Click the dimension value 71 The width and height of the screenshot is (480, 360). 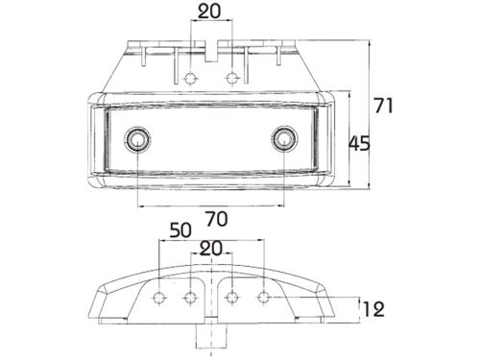(383, 106)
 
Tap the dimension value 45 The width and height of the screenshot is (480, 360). (359, 143)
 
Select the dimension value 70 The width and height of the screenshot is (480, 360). (217, 219)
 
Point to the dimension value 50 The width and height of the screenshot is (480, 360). (180, 230)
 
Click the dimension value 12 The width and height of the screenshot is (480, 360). (373, 309)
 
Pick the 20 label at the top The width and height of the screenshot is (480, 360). (209, 12)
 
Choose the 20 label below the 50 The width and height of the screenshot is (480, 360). (210, 249)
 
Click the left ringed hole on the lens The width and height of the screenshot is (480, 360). (137, 139)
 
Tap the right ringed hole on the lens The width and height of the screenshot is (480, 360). (284, 139)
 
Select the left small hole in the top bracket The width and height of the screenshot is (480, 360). (191, 78)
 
